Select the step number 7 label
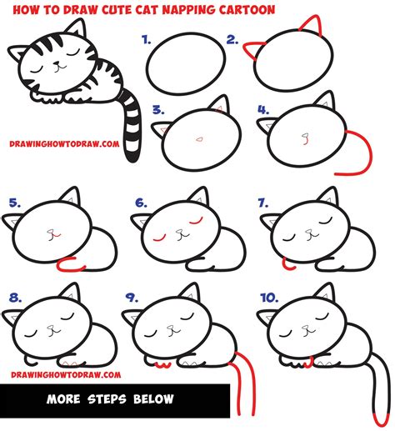[264, 202]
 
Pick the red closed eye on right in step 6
[197, 222]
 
